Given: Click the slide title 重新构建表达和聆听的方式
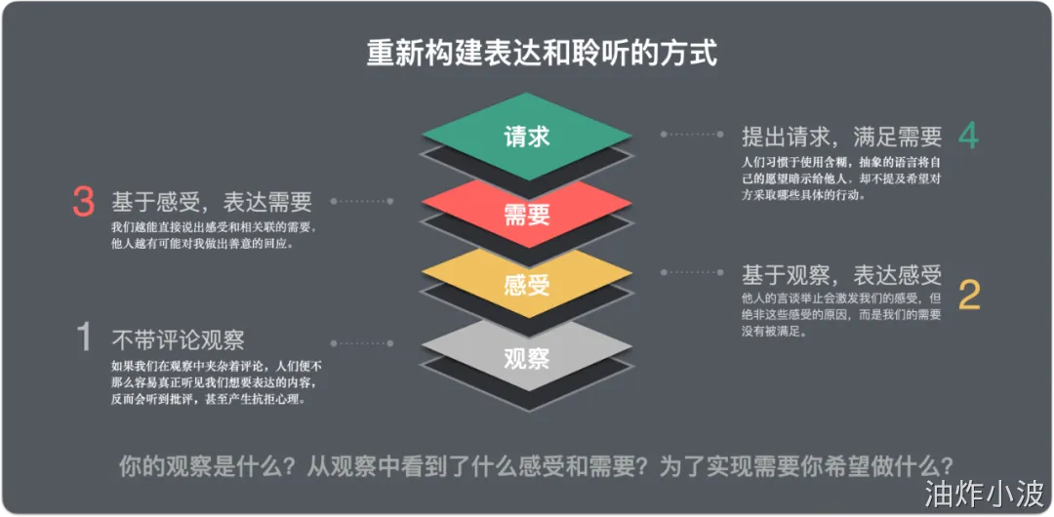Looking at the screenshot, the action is tap(542, 52).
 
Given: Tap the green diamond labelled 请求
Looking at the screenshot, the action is tap(527, 136).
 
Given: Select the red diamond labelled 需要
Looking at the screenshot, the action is tap(527, 212).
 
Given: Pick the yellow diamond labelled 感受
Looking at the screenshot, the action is tap(527, 284).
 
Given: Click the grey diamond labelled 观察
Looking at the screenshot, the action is tap(527, 357).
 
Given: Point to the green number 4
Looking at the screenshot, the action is tap(967, 137).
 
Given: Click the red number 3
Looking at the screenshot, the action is tap(83, 202).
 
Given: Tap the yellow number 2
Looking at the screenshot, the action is tap(968, 294).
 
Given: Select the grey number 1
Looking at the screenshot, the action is tap(84, 338).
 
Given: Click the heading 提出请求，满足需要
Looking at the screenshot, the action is tap(841, 136).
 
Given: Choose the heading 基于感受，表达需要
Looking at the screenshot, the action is tap(212, 202).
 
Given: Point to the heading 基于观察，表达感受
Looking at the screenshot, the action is tap(841, 275).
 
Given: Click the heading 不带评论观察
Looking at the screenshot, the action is tap(178, 339).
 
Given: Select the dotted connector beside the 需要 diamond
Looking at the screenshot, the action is tap(363, 201).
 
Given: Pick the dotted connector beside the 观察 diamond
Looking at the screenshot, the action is tap(363, 342).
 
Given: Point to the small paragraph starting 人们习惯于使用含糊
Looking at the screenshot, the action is tap(841, 177).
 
